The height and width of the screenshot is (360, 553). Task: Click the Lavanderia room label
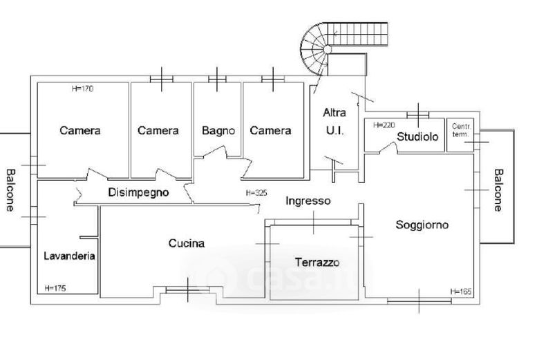(69, 256)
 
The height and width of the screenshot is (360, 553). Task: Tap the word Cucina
(186, 243)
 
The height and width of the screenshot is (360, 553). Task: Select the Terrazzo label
(317, 263)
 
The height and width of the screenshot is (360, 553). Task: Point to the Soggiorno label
(422, 225)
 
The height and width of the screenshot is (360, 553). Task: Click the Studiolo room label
(418, 137)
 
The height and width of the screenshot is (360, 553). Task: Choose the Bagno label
(218, 130)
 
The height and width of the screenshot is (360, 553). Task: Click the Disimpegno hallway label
(138, 193)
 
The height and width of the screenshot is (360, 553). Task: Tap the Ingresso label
(308, 201)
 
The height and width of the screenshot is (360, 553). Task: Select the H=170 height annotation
(82, 88)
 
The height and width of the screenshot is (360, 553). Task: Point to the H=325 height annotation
(256, 193)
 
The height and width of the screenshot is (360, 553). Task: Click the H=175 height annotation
(55, 287)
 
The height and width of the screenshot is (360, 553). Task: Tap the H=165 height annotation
(460, 292)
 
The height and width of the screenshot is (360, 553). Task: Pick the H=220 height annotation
(383, 126)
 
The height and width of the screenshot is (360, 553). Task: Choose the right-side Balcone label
(498, 189)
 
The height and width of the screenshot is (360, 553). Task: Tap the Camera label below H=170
(80, 130)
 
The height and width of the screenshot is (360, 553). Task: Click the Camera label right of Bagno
(270, 130)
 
